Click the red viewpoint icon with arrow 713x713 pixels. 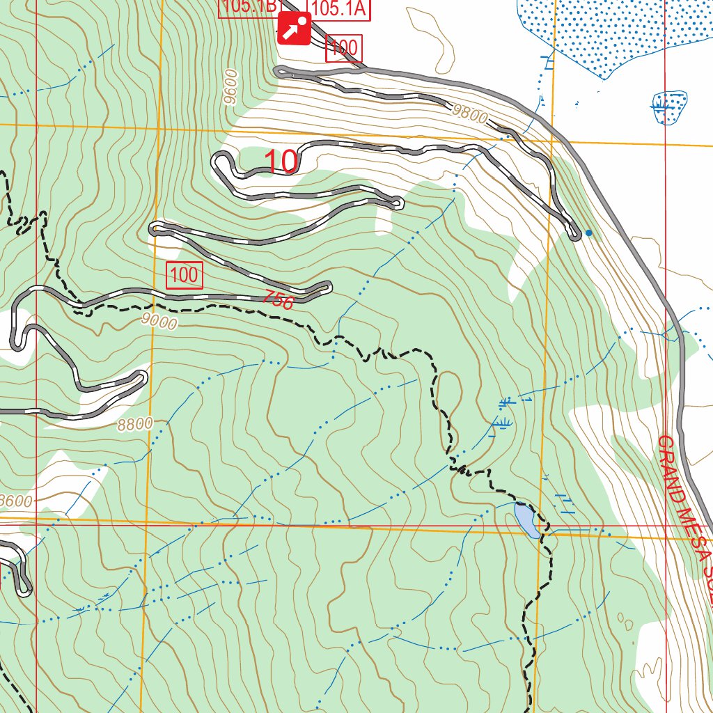click(294, 29)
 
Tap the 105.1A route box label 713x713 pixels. click(338, 8)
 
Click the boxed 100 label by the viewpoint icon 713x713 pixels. click(344, 48)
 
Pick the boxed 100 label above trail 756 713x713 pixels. click(185, 275)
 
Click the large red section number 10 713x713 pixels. click(281, 162)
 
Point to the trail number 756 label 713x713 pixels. click(279, 299)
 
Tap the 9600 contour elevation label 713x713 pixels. click(231, 87)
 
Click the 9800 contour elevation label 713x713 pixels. click(469, 113)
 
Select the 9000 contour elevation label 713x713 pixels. click(158, 321)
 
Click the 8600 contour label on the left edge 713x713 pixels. click(15, 500)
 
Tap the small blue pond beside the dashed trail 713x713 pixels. click(526, 521)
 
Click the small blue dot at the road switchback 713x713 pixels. click(589, 233)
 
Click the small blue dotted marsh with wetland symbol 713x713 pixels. click(669, 107)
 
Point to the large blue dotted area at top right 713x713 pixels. click(613, 31)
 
